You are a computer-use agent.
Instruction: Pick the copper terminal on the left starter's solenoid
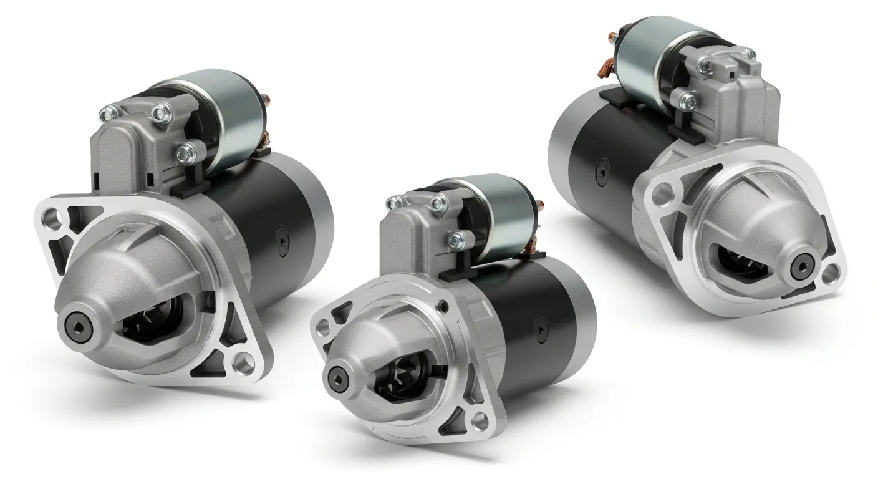point(267,99)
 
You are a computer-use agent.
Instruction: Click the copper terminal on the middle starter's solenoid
point(539,205)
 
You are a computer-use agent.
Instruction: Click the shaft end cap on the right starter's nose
point(800,268)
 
